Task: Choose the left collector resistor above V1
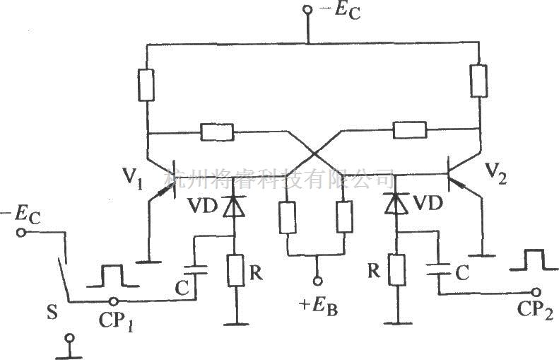(x=147, y=85)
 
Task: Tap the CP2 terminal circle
(x=539, y=291)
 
